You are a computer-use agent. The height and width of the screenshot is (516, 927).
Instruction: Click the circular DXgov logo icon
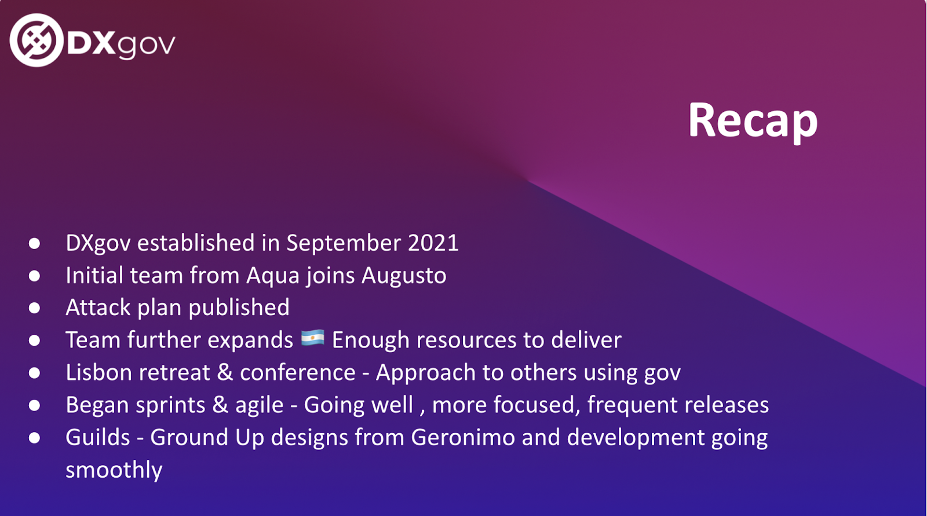click(37, 40)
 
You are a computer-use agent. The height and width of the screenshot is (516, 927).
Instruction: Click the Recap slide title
click(753, 122)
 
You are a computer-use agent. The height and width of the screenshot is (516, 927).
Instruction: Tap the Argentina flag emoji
click(312, 338)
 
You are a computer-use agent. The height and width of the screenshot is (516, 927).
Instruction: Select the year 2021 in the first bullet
click(433, 243)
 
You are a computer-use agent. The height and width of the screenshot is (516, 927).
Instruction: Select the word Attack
click(98, 308)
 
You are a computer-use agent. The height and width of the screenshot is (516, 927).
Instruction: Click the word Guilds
click(98, 437)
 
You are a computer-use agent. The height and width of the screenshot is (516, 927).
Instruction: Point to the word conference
click(298, 372)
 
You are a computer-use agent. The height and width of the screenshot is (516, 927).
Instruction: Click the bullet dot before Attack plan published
click(34, 308)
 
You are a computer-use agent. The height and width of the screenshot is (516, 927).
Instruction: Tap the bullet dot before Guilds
click(34, 438)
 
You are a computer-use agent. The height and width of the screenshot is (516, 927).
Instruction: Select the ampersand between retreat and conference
click(225, 372)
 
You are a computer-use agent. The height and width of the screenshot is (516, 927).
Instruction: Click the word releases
click(727, 405)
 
